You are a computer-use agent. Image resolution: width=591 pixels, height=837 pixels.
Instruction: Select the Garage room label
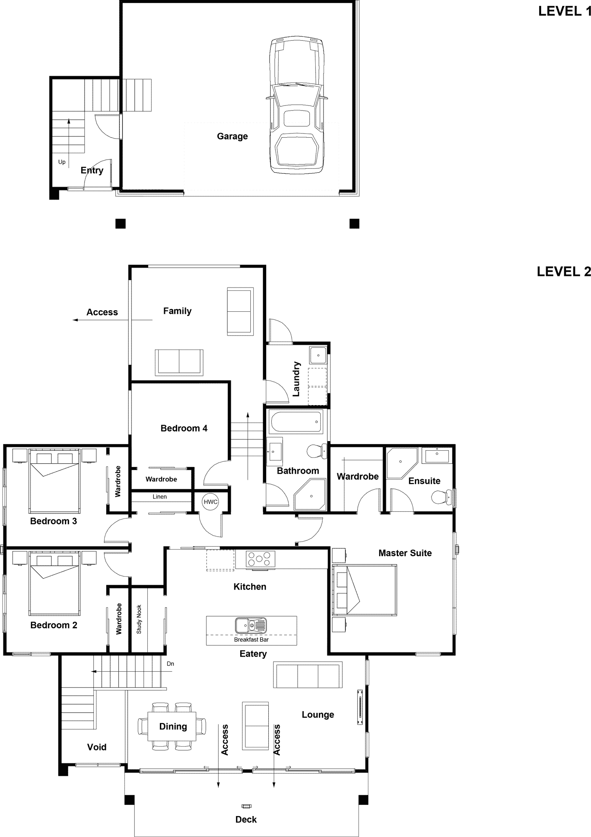pyautogui.click(x=232, y=136)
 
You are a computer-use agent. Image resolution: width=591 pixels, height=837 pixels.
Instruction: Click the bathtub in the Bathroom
pyautogui.click(x=296, y=422)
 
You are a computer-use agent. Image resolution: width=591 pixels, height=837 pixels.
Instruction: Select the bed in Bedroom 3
pyautogui.click(x=54, y=481)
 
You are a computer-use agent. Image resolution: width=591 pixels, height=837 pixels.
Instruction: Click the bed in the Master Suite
pyautogui.click(x=364, y=590)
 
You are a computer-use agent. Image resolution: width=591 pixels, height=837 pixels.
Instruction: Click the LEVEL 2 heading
pyautogui.click(x=564, y=272)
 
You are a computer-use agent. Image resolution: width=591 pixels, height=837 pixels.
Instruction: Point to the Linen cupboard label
pyautogui.click(x=160, y=497)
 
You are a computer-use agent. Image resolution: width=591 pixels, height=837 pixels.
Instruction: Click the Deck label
pyautogui.click(x=246, y=819)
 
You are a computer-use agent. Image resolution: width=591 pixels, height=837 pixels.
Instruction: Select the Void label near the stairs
pyautogui.click(x=97, y=747)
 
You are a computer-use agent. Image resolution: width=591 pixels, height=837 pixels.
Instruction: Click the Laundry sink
pyautogui.click(x=318, y=355)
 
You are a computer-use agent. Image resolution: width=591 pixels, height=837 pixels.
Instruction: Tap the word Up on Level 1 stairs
pyautogui.click(x=62, y=162)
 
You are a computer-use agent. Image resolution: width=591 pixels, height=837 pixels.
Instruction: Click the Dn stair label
pyautogui.click(x=170, y=664)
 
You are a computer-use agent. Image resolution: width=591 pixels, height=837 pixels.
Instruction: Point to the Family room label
pyautogui.click(x=177, y=311)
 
